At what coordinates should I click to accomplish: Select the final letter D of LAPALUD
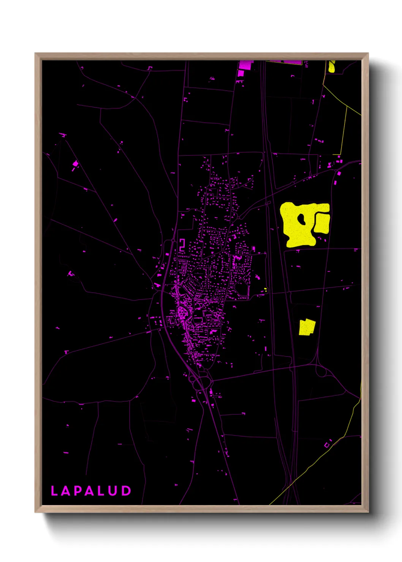click(127, 491)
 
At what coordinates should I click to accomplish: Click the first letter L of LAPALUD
click(54, 491)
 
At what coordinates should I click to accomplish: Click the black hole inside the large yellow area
click(301, 219)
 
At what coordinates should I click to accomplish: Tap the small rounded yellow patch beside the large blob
click(322, 223)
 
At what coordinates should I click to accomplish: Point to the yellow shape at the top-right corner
click(332, 67)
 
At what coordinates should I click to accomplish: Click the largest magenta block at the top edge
click(245, 65)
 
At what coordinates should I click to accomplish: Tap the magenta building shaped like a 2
click(182, 245)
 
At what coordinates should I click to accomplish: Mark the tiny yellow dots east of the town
click(266, 290)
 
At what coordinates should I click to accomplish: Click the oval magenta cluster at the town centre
click(182, 313)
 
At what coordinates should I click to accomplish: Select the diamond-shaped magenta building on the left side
click(75, 164)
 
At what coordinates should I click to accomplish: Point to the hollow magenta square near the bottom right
click(326, 445)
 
